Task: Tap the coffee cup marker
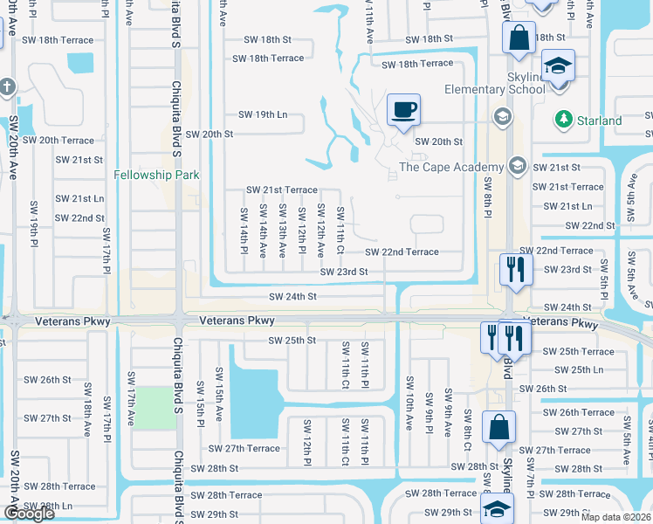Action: (x=403, y=111)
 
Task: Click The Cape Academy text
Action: (x=451, y=167)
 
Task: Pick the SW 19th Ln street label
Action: (x=263, y=114)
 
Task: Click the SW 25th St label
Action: (x=292, y=340)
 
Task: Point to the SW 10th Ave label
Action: (x=409, y=403)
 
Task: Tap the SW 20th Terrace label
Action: (x=58, y=140)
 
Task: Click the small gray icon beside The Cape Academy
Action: (x=518, y=166)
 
